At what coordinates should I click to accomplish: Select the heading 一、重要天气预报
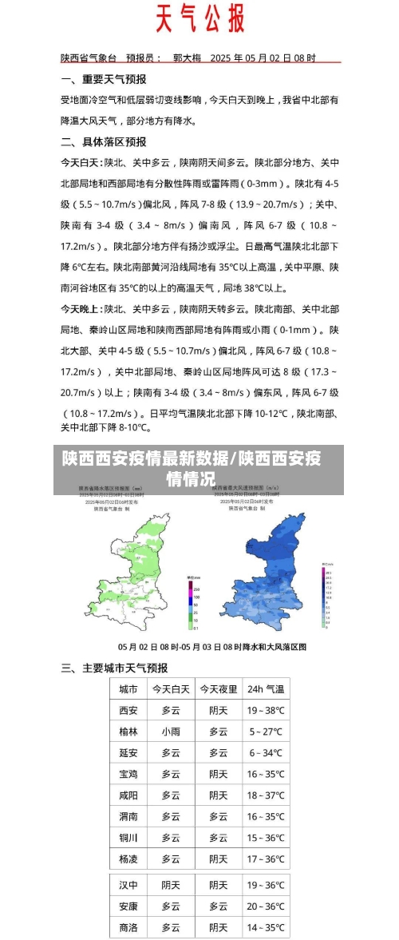coord(103,80)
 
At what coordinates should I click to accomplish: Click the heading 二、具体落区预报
coord(103,141)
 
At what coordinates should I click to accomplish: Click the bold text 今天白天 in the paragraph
coord(81,162)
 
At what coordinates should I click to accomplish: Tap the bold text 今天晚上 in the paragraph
coord(81,308)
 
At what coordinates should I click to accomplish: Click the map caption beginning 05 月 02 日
coord(211,646)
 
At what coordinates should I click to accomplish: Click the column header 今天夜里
coord(218,688)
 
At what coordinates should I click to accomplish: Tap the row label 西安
coord(128,710)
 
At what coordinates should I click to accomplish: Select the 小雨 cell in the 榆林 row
coord(170,731)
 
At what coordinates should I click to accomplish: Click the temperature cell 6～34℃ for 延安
coord(265,752)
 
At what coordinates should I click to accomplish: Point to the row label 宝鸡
coord(128,774)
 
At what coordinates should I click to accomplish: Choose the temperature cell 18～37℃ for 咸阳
coord(265,795)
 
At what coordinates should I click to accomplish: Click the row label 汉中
coord(128,885)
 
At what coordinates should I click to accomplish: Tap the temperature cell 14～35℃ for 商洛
coord(265,927)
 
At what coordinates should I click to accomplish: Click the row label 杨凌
coord(128,859)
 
